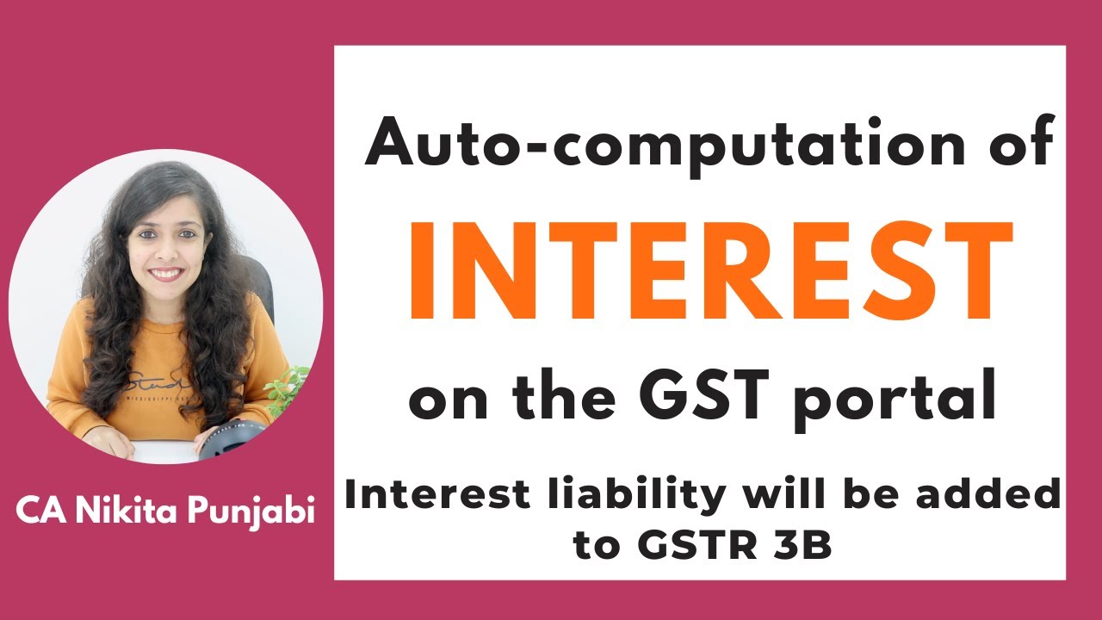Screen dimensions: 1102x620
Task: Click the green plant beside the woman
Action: click(x=288, y=388)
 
